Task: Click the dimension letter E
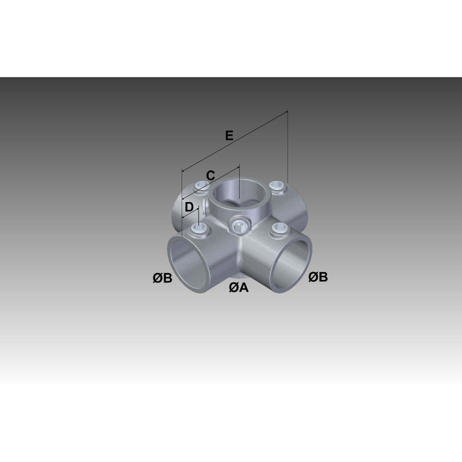click(x=229, y=135)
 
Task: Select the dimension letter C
click(x=210, y=176)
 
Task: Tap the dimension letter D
click(x=189, y=207)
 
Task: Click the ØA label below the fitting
click(x=239, y=287)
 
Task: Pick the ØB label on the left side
click(x=162, y=278)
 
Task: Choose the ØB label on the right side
click(x=318, y=277)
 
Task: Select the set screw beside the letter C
click(x=202, y=185)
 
